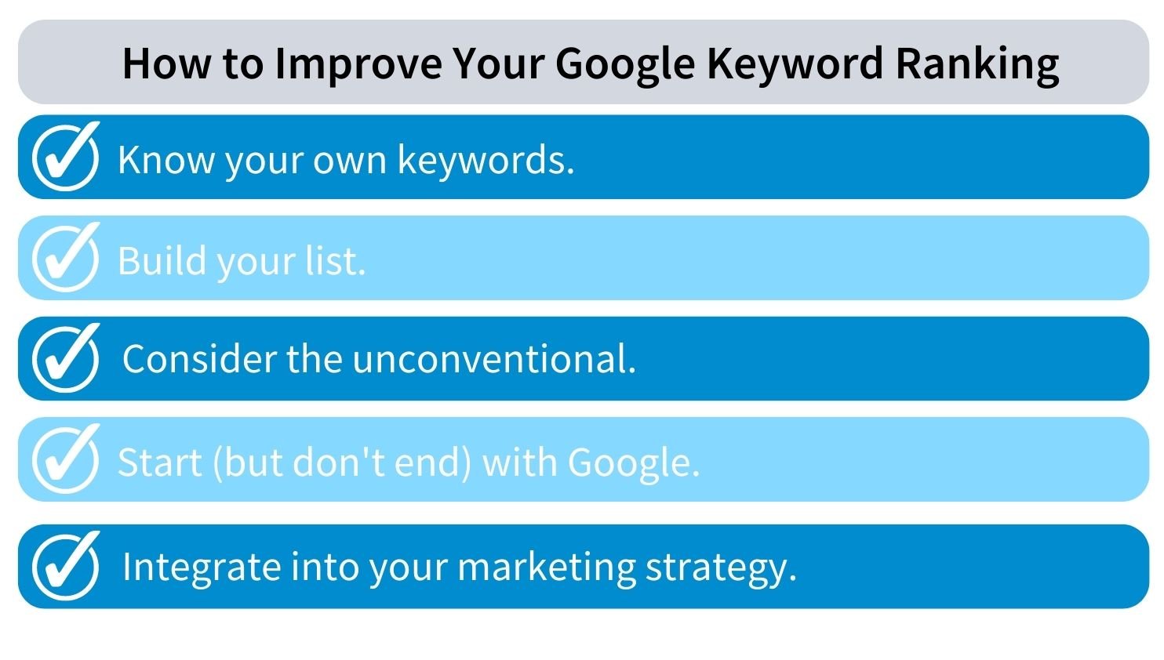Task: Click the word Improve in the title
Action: tap(358, 63)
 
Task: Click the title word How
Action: tap(166, 63)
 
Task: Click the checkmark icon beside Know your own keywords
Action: tap(65, 156)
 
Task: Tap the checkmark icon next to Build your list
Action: tap(65, 257)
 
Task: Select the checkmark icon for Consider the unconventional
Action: tap(65, 357)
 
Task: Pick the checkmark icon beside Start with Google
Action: tap(65, 459)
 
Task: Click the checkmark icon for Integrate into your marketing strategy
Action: tap(65, 566)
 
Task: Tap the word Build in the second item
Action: tap(162, 260)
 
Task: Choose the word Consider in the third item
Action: tap(200, 359)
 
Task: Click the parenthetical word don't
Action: tap(340, 461)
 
